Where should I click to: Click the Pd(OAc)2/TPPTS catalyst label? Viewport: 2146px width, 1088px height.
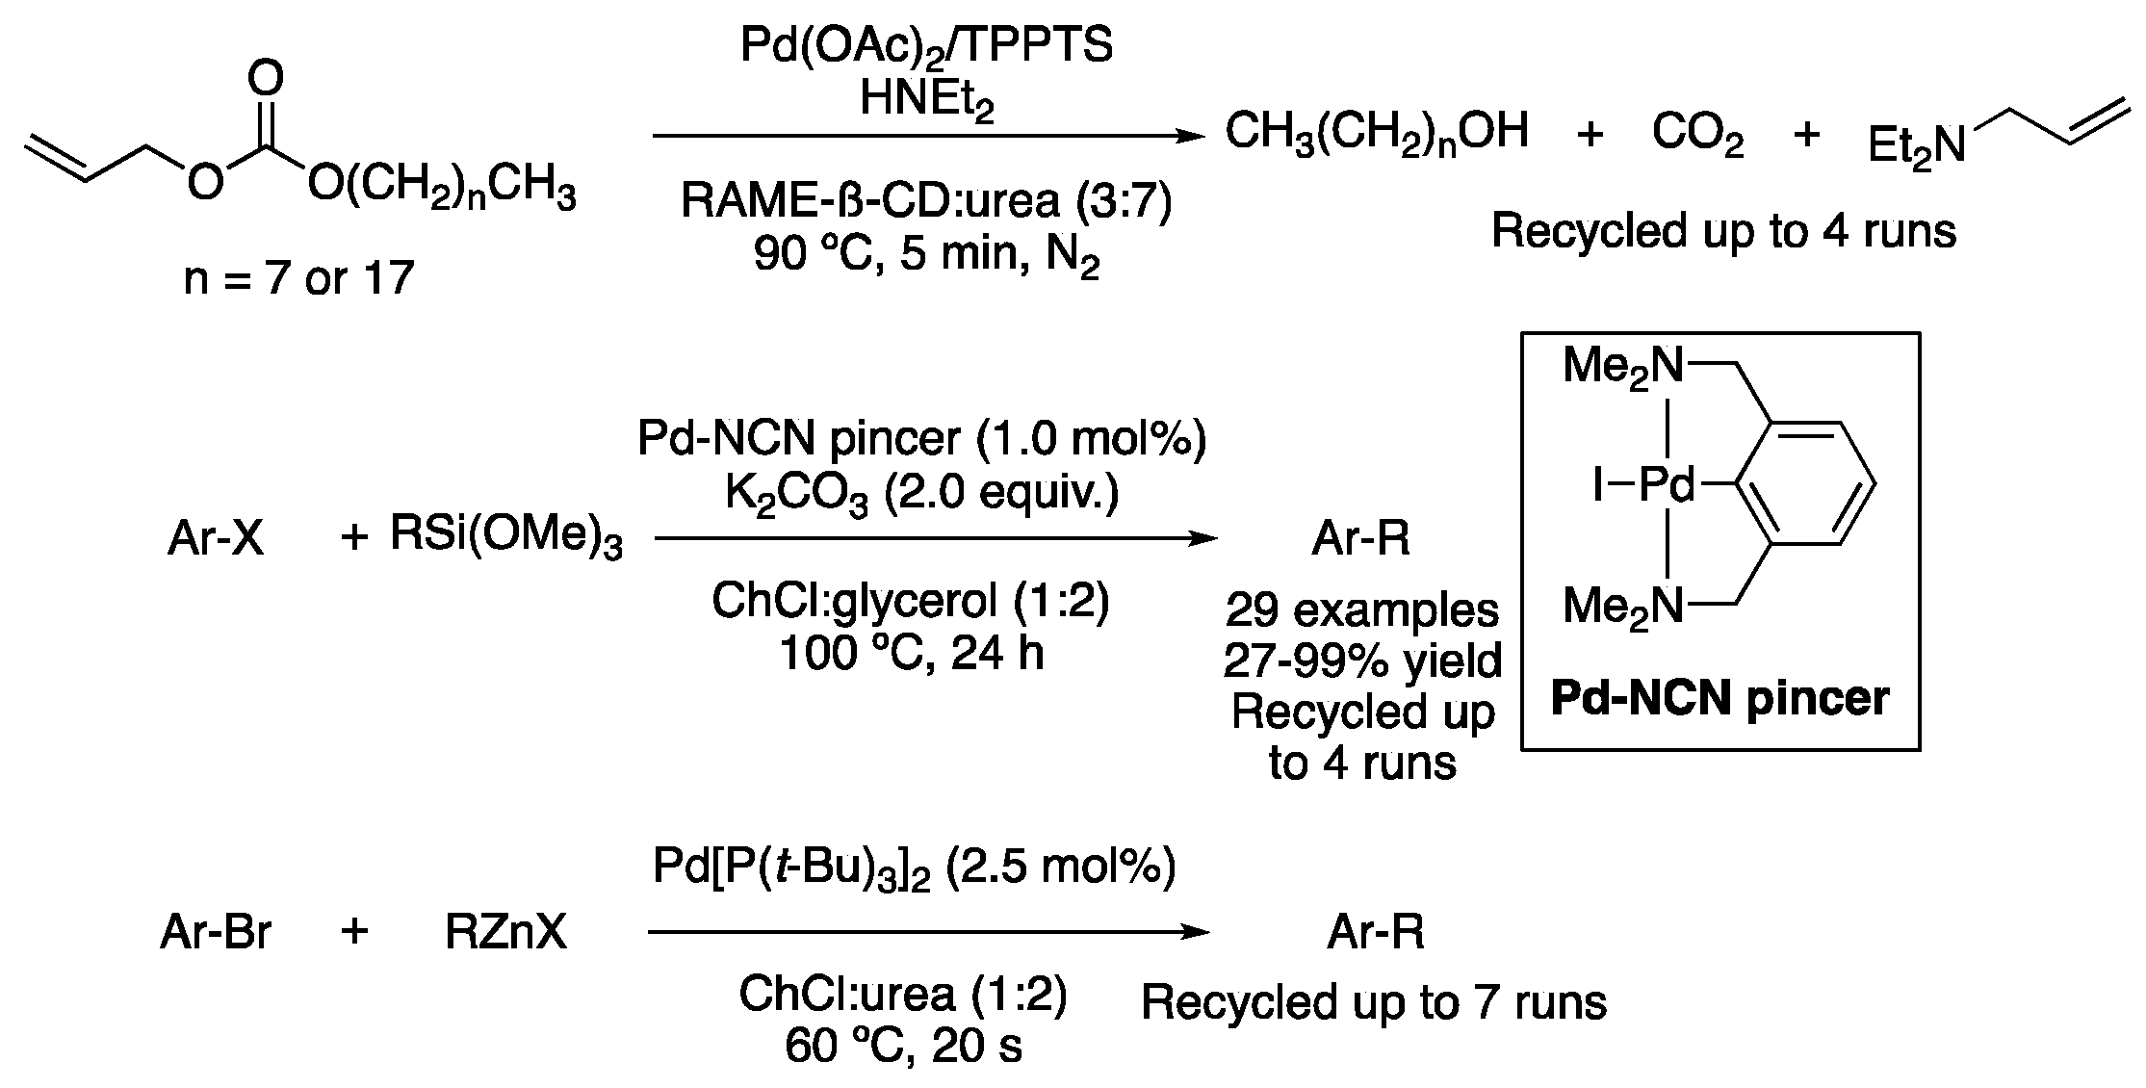tap(925, 46)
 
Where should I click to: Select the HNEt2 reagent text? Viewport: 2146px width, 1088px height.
tap(925, 99)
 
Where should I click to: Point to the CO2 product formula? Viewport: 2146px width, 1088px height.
tap(1697, 134)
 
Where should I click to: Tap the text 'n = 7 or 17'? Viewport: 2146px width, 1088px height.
tap(298, 278)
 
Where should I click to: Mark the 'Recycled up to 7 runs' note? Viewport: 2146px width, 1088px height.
tap(1373, 1002)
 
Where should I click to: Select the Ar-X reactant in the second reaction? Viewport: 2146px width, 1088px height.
tap(215, 538)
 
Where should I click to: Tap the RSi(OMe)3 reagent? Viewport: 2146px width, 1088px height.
tap(505, 536)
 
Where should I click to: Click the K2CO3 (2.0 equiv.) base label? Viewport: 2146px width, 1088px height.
tap(921, 494)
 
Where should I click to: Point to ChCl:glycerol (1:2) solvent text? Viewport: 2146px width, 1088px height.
tap(910, 601)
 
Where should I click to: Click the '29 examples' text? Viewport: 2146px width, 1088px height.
tap(1361, 609)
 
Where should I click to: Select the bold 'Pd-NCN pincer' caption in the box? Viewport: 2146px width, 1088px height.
tap(1719, 698)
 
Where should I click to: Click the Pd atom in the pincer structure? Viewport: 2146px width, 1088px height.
tap(1666, 485)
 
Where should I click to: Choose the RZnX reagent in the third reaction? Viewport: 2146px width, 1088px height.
tap(505, 932)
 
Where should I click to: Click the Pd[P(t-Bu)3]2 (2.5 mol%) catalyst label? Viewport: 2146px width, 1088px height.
tap(914, 867)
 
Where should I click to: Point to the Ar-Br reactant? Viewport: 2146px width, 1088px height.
tap(216, 932)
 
